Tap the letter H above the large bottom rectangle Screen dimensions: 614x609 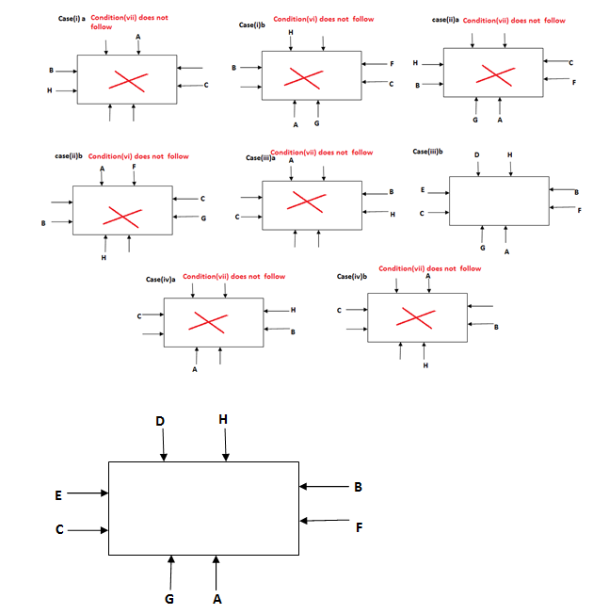tap(223, 419)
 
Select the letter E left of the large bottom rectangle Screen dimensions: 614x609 tap(58, 493)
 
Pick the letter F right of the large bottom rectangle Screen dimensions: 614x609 tap(359, 526)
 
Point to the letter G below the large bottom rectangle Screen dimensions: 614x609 tap(170, 597)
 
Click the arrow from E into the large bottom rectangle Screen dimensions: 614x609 tap(89, 493)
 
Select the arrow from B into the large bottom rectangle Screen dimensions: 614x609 tap(325, 487)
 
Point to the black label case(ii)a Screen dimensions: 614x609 tap(445, 20)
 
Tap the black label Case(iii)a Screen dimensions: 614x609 tap(260, 158)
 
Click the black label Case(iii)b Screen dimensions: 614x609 tap(428, 151)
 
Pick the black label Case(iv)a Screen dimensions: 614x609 tap(162, 280)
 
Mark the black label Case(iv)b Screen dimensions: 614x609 tap(350, 277)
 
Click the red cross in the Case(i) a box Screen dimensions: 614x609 tap(125, 80)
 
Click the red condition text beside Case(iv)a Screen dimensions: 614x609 tap(234, 276)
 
